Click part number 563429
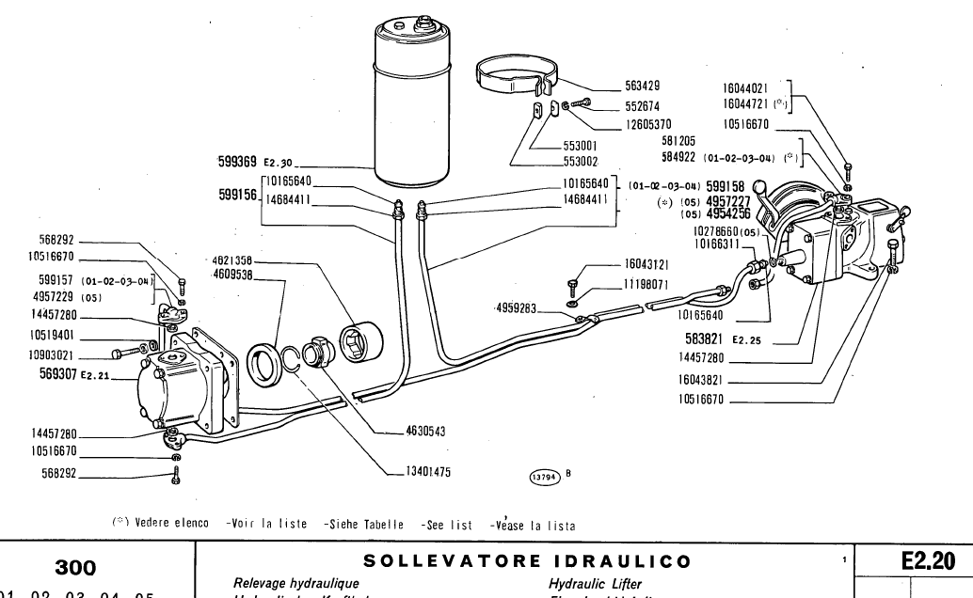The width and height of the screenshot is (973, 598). [646, 85]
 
